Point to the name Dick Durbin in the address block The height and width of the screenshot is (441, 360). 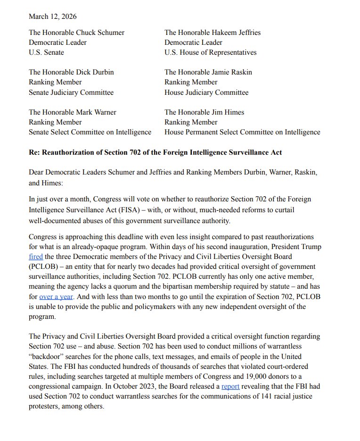[x=95, y=72]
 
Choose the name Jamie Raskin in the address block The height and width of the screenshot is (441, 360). [x=231, y=72]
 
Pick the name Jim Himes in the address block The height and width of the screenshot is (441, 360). [x=228, y=112]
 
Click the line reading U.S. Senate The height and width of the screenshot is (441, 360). [x=46, y=52]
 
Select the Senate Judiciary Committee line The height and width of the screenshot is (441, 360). [x=71, y=92]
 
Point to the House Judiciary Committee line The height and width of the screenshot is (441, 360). [x=206, y=92]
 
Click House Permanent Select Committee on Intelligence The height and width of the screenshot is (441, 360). [x=242, y=132]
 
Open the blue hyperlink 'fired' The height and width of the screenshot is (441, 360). [x=36, y=257]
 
